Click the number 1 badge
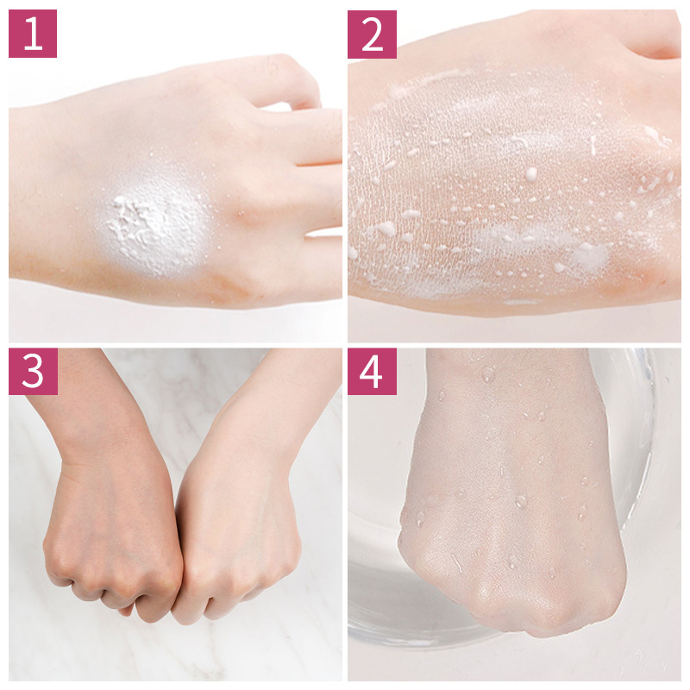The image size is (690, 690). [x=33, y=34]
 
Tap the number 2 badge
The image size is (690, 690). [x=372, y=34]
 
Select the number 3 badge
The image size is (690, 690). [x=33, y=372]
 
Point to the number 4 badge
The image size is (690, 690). [x=372, y=372]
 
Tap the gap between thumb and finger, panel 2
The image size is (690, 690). [x=651, y=52]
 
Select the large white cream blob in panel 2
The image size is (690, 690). [x=590, y=256]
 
